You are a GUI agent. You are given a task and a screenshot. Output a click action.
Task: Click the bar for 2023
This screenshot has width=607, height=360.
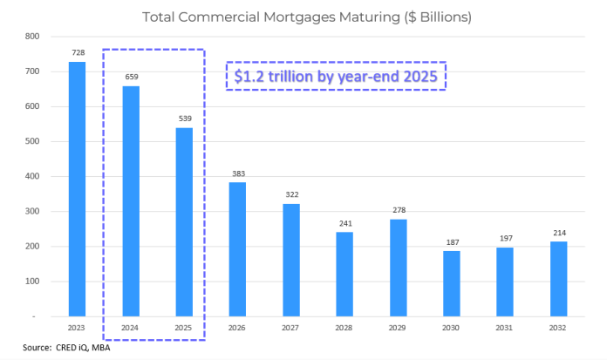tap(78, 188)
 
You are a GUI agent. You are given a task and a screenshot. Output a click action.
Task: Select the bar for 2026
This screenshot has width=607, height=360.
tap(237, 248)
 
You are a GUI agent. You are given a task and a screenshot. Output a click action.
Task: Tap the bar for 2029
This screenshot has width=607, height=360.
tap(398, 267)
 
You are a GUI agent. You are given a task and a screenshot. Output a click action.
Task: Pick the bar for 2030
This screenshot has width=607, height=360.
tap(451, 282)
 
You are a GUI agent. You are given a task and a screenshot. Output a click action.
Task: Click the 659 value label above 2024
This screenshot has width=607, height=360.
tap(131, 77)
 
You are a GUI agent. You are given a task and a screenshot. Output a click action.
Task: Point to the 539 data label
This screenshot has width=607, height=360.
tap(184, 119)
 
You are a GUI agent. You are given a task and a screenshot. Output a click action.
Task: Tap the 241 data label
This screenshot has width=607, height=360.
tap(344, 223)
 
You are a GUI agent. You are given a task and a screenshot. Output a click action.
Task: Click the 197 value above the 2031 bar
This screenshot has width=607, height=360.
tap(504, 238)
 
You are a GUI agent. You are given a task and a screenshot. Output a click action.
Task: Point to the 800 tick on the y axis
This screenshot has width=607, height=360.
tap(33, 37)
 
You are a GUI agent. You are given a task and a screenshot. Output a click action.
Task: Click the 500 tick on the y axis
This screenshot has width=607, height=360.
tap(33, 141)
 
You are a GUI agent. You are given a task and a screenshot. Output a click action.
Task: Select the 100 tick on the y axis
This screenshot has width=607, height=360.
tap(33, 281)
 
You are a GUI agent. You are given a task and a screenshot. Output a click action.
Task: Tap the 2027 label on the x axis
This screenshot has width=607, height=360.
tap(291, 328)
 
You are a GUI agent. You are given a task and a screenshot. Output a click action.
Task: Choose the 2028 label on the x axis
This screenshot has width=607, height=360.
tap(344, 328)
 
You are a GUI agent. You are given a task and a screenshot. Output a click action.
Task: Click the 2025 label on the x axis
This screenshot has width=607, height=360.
tap(184, 328)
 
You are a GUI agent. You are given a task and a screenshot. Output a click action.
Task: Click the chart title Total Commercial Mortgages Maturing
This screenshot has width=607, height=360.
tap(308, 17)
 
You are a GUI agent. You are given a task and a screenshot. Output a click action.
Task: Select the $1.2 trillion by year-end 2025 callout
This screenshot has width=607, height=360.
tap(337, 76)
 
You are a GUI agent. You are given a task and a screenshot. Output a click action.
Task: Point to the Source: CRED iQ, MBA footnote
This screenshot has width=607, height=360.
tap(66, 349)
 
